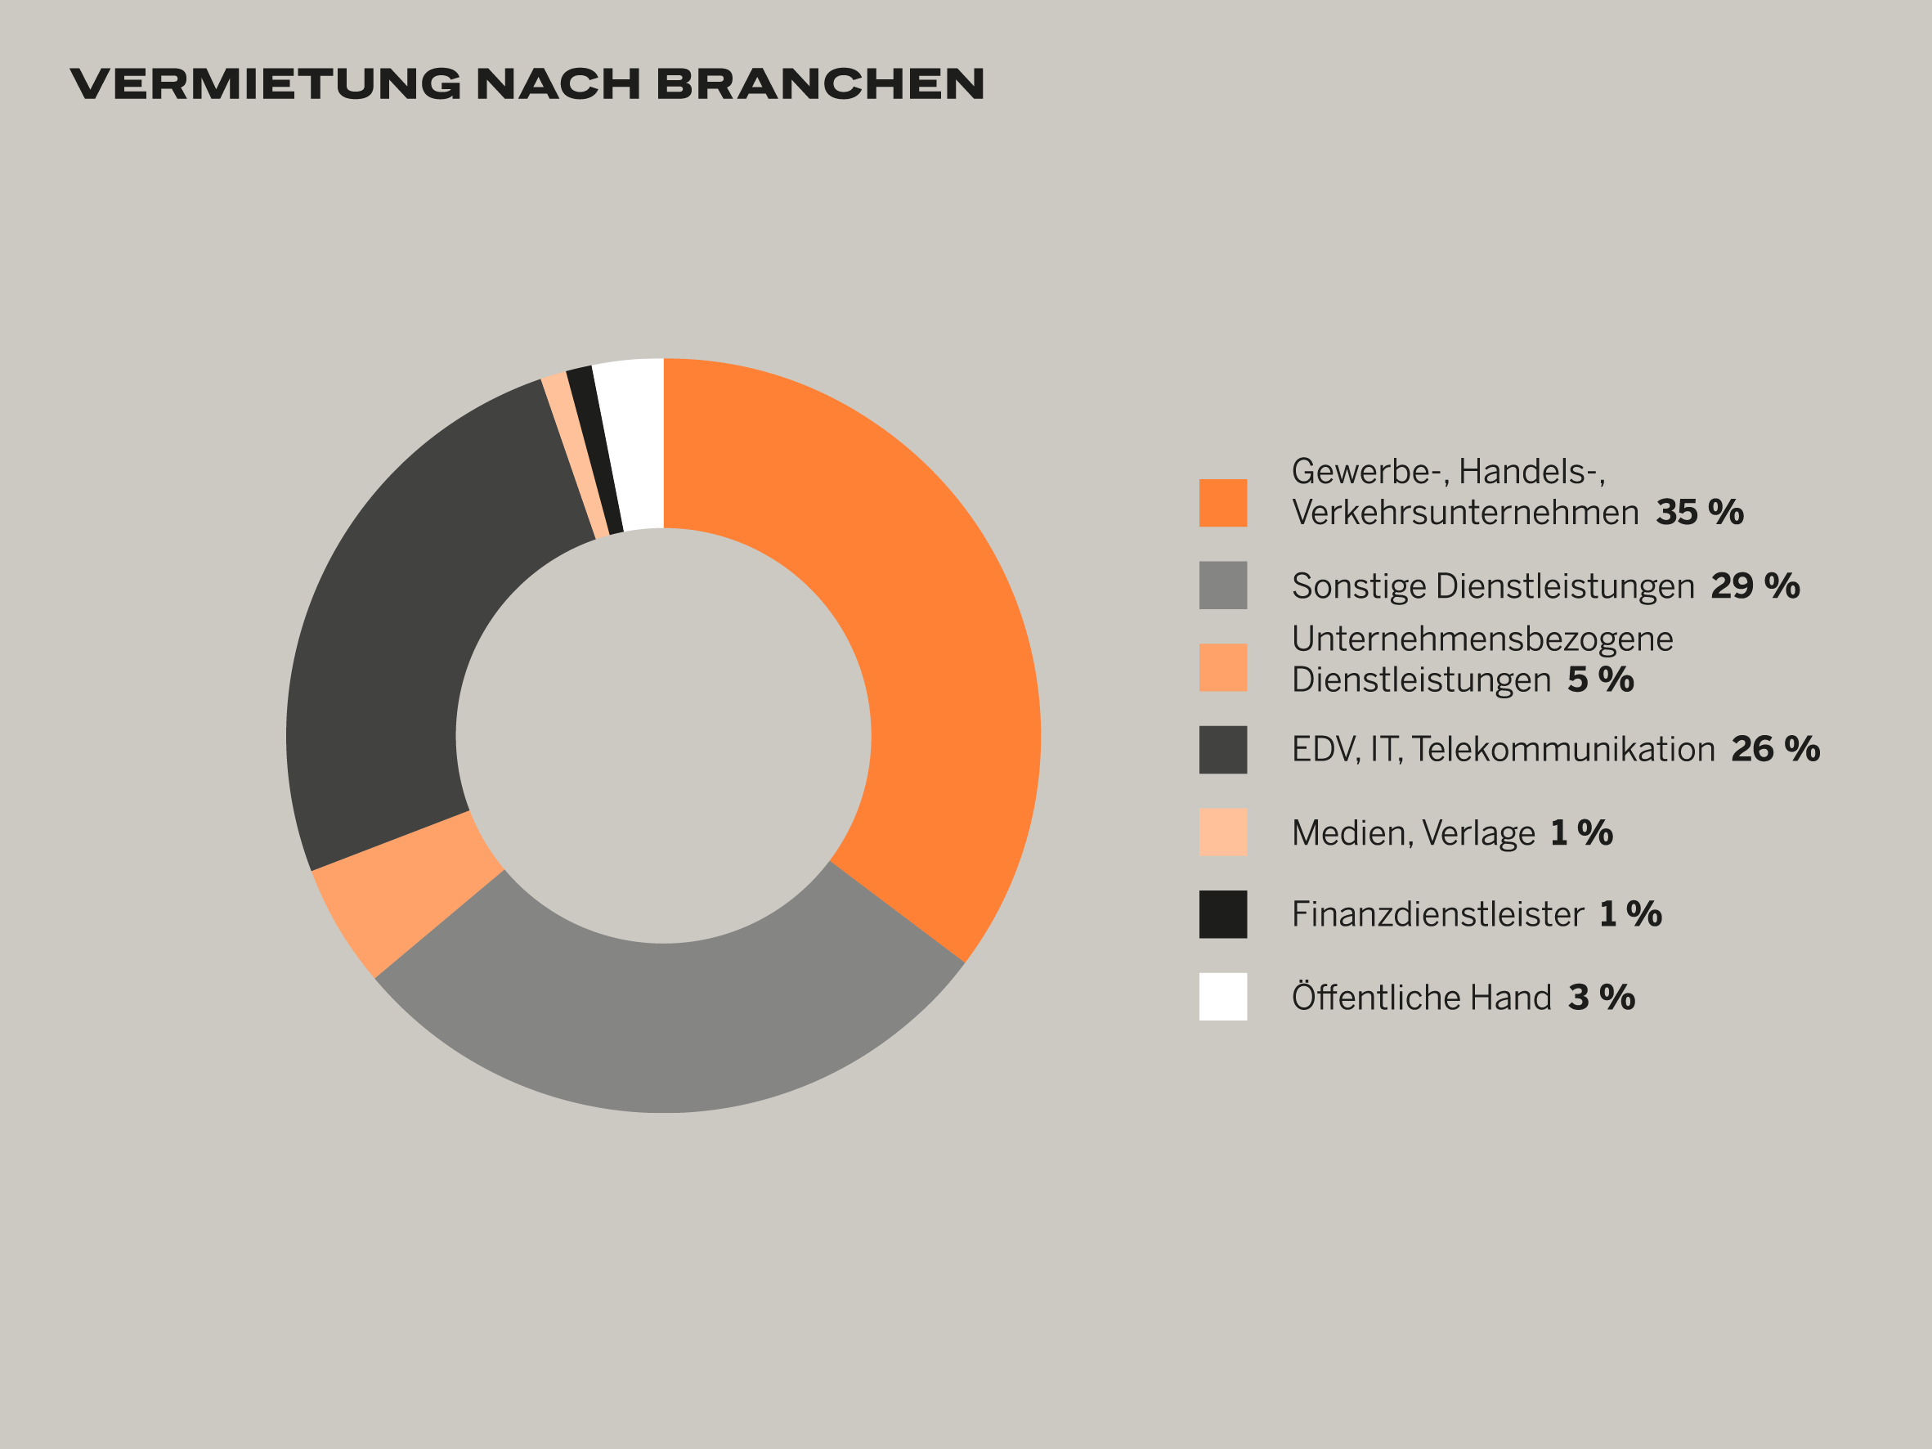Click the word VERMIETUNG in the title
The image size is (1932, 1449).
[266, 84]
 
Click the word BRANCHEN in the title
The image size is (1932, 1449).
[820, 84]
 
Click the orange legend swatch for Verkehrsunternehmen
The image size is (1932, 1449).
[1223, 503]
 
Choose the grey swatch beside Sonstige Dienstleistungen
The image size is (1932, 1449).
[1223, 585]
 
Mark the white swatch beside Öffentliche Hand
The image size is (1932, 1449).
[1223, 997]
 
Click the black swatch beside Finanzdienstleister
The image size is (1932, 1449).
[1223, 914]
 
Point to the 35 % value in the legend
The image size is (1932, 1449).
[1700, 513]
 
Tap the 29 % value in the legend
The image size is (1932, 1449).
[1755, 586]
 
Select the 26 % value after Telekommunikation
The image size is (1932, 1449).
[1776, 749]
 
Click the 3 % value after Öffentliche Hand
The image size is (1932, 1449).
[1602, 998]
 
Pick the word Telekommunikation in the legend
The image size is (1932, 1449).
[1563, 749]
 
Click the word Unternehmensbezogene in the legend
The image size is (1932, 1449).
[1482, 639]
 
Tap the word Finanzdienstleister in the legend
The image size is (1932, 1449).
[1437, 914]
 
